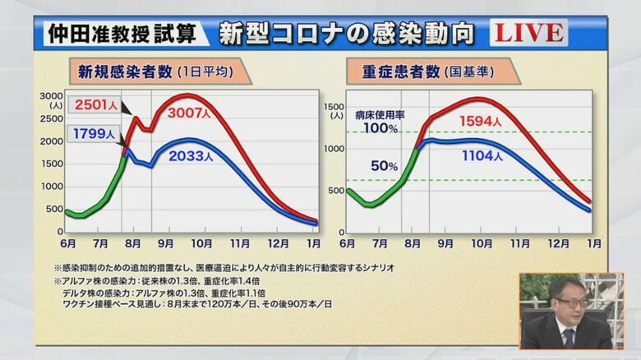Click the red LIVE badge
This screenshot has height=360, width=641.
click(x=528, y=33)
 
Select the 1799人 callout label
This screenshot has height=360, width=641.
click(x=93, y=132)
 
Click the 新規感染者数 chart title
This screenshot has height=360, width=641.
click(x=124, y=72)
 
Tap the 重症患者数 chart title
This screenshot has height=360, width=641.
click(x=400, y=72)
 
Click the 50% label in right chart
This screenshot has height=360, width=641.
click(x=384, y=165)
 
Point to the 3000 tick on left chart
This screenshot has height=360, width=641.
click(x=51, y=95)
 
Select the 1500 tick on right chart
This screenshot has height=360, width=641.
click(x=333, y=106)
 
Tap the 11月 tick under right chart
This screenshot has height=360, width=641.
click(x=519, y=243)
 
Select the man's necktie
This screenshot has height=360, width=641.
click(x=569, y=337)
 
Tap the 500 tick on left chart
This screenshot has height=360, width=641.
click(x=53, y=209)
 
